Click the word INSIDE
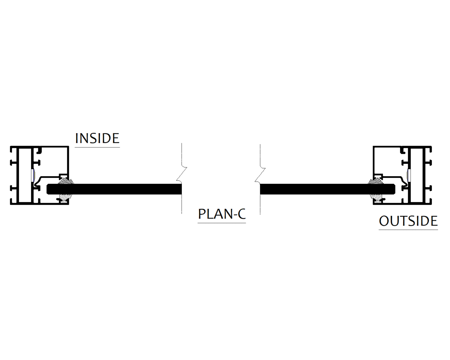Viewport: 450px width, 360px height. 97,138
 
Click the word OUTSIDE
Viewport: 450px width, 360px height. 408,221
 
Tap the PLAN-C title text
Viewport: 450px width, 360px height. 222,214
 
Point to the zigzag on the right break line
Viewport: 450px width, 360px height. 260,174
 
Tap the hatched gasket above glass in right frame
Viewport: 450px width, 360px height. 377,181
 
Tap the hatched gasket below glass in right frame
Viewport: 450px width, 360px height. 377,198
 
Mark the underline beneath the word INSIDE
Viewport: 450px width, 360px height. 97,147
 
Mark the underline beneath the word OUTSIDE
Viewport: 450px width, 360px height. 408,229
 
